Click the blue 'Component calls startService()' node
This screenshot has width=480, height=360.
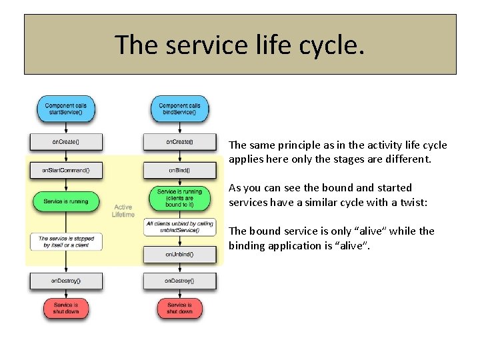65,109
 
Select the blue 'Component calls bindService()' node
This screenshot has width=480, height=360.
179,109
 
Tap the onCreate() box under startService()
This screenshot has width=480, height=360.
65,142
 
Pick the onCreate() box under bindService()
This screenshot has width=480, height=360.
179,142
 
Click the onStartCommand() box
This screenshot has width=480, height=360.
65,171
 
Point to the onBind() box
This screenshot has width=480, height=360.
179,171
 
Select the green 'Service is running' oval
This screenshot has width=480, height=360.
65,201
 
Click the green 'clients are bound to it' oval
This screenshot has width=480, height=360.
179,198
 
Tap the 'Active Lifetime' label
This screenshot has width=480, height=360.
123,211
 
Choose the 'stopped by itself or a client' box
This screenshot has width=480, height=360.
65,241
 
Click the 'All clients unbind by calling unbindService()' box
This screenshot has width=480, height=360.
179,227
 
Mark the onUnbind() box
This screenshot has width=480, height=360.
179,254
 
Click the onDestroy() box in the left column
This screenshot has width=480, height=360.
65,281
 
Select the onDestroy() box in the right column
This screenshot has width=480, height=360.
179,281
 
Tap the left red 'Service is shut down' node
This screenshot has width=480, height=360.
65,308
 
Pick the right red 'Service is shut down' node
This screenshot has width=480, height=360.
179,308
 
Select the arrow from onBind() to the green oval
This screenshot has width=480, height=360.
179,183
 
